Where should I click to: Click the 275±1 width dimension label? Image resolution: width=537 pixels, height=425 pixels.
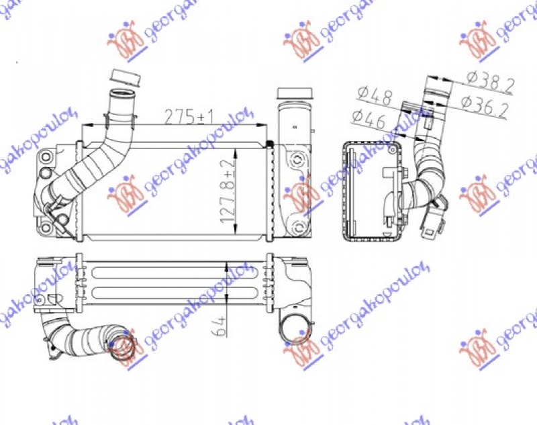tap(189, 116)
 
